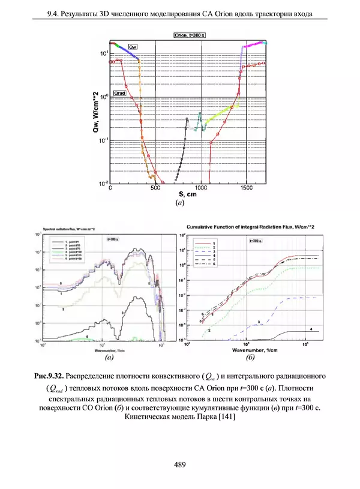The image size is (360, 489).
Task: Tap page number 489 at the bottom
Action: coord(179,464)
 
